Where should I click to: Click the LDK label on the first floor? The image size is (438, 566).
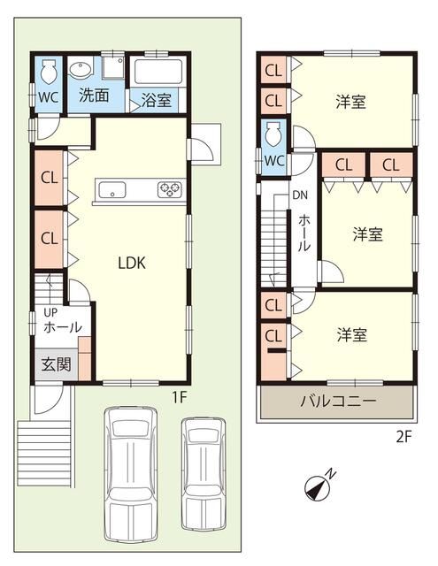(x=132, y=264)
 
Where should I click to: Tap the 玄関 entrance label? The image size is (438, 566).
(x=56, y=364)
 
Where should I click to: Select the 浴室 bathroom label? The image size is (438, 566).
(x=156, y=100)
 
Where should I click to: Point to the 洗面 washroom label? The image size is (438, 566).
(x=94, y=96)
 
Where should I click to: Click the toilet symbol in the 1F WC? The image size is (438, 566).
(x=48, y=71)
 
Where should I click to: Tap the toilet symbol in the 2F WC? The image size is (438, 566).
(x=273, y=134)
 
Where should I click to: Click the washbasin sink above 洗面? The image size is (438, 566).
(x=80, y=70)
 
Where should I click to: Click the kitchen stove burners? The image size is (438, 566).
(x=169, y=189)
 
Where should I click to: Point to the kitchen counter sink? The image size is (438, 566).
(x=112, y=189)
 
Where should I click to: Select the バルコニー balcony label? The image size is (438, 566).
(x=338, y=401)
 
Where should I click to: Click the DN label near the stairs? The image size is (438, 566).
(x=300, y=195)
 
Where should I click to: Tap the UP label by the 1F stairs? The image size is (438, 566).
(x=50, y=312)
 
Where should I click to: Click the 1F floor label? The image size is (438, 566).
(x=179, y=397)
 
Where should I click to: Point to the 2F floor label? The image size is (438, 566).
(x=403, y=437)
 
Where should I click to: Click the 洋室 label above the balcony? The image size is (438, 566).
(x=352, y=334)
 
